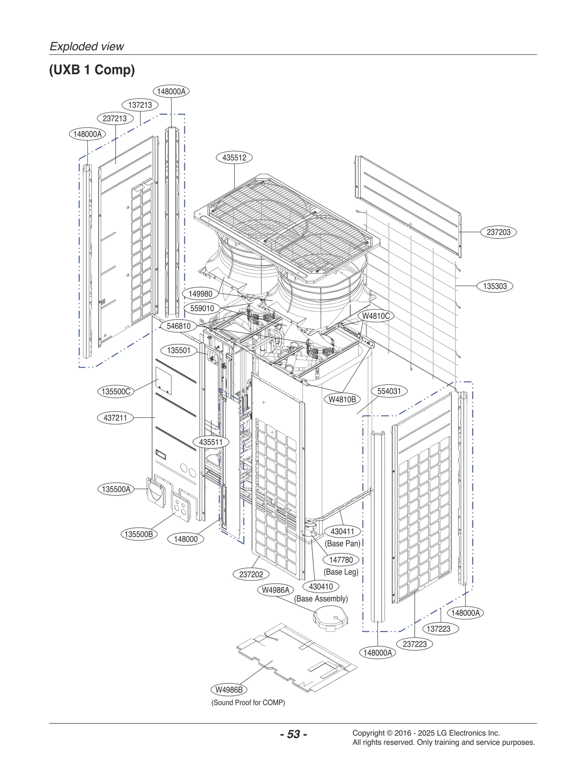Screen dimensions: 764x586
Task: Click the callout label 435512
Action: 234,158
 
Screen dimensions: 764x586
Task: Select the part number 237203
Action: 498,232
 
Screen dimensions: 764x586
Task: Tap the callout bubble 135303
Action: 494,286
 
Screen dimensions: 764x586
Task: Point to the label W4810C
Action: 376,316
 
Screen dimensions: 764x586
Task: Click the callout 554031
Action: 389,391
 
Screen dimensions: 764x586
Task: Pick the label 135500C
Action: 116,392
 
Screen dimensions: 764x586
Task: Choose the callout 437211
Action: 115,418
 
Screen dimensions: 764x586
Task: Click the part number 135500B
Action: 139,534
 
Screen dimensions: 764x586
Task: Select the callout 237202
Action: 251,574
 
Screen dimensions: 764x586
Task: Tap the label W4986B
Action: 229,690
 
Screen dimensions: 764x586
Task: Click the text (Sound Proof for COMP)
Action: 248,702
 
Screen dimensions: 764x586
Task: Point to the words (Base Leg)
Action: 341,572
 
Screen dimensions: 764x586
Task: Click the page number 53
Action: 293,734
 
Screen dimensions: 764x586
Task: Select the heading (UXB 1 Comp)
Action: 92,70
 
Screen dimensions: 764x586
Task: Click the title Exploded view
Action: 87,47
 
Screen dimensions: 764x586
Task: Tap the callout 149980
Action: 200,294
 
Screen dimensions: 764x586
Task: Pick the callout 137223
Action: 438,629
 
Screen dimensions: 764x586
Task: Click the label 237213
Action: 115,118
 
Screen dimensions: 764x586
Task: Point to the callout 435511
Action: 211,442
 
